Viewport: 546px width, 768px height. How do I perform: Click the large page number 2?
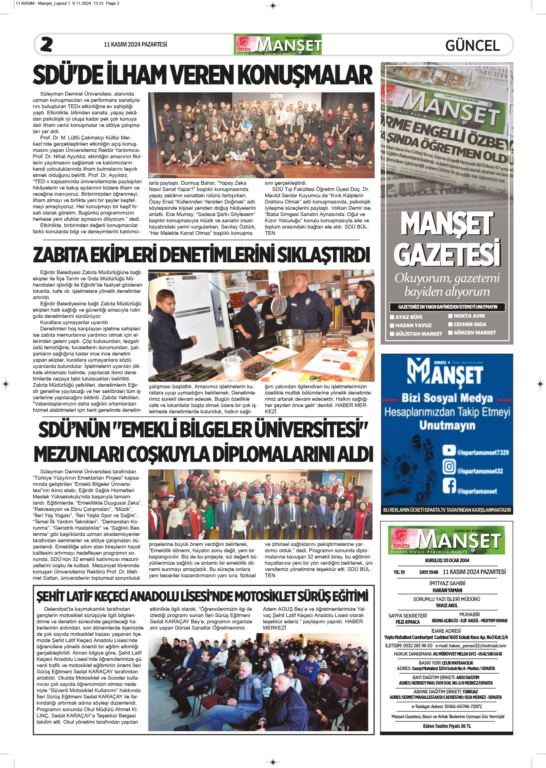point(46,44)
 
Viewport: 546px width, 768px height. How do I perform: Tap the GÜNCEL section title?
point(472,45)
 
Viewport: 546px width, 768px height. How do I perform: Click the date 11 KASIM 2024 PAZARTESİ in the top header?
point(135,44)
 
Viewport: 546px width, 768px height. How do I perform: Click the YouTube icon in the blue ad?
point(449,450)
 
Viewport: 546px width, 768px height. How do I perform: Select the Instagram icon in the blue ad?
point(449,466)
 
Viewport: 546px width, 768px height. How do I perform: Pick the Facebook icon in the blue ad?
point(449,485)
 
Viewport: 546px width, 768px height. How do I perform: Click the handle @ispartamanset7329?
point(483,452)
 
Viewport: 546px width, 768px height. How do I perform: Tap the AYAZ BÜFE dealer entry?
point(408,317)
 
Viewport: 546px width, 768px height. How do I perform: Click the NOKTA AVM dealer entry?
point(469,316)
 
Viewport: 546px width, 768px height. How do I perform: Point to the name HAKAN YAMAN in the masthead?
point(447,590)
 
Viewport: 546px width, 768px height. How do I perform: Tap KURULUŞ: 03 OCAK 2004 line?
point(447,560)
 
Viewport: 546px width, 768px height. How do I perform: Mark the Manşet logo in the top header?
point(278,44)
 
